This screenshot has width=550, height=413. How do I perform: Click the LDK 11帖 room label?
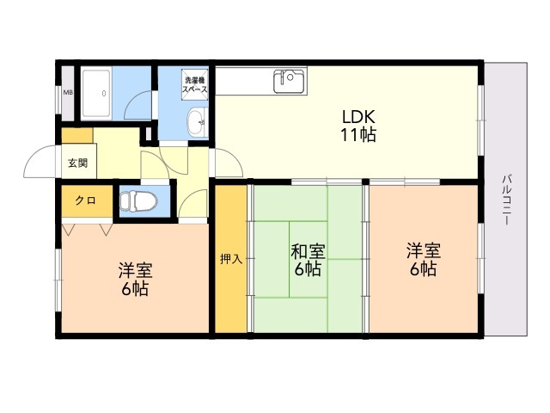point(358,126)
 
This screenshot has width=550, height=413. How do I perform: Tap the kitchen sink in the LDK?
point(289,81)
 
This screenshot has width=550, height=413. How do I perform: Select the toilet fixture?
point(138,201)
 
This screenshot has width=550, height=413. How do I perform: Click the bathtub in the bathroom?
point(96,94)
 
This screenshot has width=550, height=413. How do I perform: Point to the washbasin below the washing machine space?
point(197,121)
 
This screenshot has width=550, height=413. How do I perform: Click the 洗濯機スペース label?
point(195,84)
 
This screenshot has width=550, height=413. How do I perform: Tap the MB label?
point(68,93)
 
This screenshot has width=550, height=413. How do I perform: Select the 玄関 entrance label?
point(78,163)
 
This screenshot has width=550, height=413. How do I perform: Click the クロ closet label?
point(86,200)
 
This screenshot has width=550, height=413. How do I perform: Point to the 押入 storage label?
point(231,259)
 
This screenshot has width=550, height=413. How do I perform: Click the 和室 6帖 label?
point(308,260)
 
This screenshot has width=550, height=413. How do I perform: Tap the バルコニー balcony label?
point(506,200)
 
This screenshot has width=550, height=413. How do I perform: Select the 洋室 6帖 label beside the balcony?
point(424,260)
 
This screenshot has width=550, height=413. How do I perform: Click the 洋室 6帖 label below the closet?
point(135,279)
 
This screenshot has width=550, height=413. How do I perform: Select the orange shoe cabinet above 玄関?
point(77,136)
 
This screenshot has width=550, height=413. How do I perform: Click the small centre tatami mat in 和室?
point(308,259)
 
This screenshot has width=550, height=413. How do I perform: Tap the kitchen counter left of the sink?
point(244,81)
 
